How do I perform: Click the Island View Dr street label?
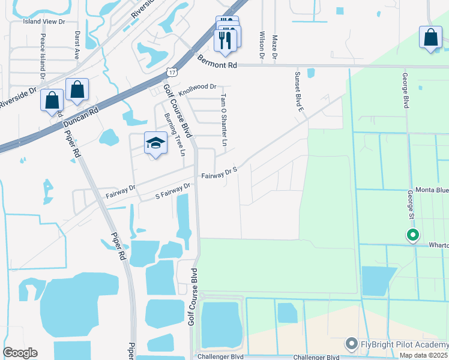click(44, 22)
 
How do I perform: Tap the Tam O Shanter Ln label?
click(224, 120)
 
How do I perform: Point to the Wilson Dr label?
click(262, 46)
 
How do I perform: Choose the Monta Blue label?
click(432, 190)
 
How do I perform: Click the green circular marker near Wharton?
click(412, 235)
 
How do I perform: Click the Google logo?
click(20, 353)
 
